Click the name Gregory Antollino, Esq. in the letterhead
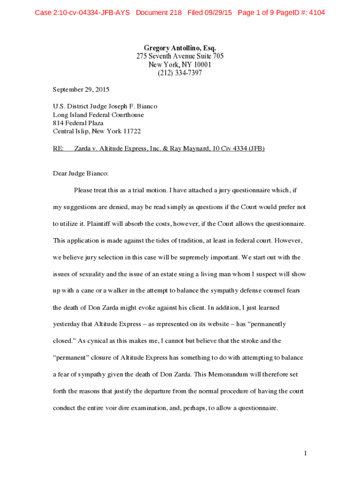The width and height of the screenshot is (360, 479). point(180,48)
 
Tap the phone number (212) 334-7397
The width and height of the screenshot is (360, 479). point(180,73)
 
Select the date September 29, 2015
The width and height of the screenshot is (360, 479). point(81,89)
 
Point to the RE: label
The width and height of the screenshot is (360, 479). point(58,148)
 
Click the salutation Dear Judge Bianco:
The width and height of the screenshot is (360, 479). point(80,174)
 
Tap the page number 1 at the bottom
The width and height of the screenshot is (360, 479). point(305,453)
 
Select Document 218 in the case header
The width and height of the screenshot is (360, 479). point(158,13)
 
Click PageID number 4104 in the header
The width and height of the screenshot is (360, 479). point(315,13)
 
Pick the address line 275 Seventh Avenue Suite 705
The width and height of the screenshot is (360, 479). point(180,56)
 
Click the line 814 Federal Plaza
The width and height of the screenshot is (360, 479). point(78,123)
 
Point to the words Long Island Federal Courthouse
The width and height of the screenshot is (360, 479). point(98,115)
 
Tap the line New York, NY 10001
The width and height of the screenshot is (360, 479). point(180,65)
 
